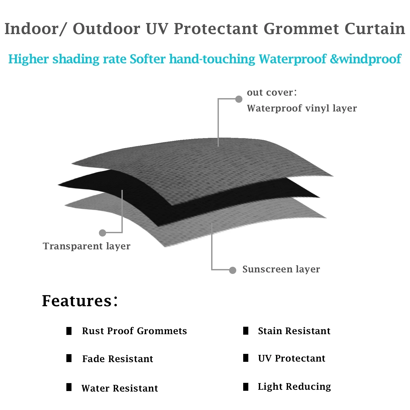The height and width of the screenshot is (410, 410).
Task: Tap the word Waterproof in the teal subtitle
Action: pyautogui.click(x=292, y=59)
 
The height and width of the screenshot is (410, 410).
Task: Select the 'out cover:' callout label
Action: pyautogui.click(x=272, y=93)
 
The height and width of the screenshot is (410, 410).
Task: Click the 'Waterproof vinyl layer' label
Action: pyautogui.click(x=302, y=108)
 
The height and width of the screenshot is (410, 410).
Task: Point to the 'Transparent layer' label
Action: pyautogui.click(x=86, y=246)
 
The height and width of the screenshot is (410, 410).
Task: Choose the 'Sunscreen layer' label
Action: pyautogui.click(x=281, y=269)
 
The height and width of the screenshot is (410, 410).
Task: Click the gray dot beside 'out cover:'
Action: pyautogui.click(x=239, y=99)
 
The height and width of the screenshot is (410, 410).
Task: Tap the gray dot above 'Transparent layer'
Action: pyautogui.click(x=102, y=233)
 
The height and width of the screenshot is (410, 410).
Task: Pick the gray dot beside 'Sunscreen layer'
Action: pyautogui.click(x=232, y=270)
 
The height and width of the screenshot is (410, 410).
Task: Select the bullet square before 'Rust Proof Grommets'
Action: pyautogui.click(x=69, y=331)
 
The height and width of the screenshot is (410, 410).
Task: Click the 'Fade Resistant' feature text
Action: pyautogui.click(x=118, y=359)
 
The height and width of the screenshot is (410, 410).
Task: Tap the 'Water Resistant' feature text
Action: pyautogui.click(x=120, y=388)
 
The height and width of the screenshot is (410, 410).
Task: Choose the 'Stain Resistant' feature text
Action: pyautogui.click(x=294, y=331)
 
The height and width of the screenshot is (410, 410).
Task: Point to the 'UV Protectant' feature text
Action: pyautogui.click(x=292, y=358)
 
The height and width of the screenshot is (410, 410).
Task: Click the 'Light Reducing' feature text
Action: pyautogui.click(x=294, y=386)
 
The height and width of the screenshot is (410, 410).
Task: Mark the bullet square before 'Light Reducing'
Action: pyautogui.click(x=246, y=387)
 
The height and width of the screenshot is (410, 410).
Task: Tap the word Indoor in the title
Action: pyautogui.click(x=31, y=29)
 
